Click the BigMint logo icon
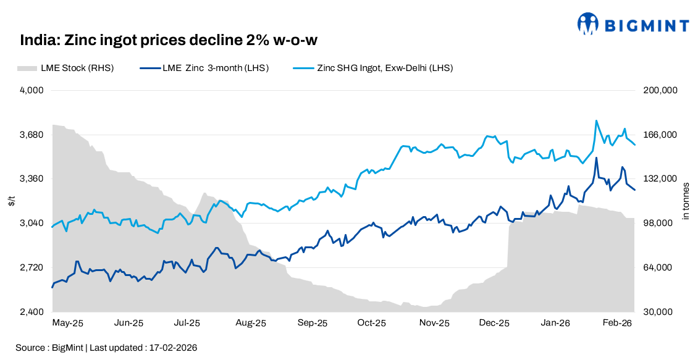tap(588, 24)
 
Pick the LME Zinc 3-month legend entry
tap(204, 68)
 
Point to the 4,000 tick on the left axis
tap(33, 90)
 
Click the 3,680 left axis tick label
tap(33, 135)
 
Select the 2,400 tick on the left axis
tap(33, 312)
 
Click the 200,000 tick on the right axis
tap(662, 90)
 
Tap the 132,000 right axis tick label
tap(662, 179)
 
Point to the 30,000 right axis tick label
tap(660, 312)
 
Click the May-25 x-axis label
tap(67, 323)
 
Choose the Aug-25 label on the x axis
tap(251, 323)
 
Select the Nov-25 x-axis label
tap(434, 323)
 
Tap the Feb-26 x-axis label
tap(617, 323)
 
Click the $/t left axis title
tap(11, 201)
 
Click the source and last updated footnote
tap(106, 348)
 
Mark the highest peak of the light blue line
tap(596, 120)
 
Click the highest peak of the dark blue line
tap(596, 157)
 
